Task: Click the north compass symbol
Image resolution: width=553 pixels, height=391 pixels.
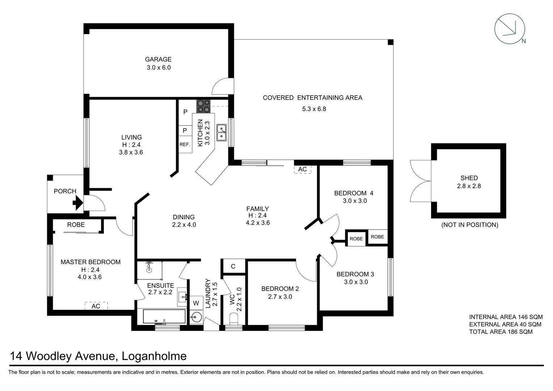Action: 510,29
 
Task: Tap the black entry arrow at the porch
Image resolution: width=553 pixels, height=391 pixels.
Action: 77,203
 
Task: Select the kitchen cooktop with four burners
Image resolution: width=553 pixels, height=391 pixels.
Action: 203,106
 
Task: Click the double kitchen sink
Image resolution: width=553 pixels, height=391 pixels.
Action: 221,133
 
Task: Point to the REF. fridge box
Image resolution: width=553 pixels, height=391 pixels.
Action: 185,144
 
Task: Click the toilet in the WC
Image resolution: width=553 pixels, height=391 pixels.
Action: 234,319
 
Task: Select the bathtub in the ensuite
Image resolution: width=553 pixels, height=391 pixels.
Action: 164,317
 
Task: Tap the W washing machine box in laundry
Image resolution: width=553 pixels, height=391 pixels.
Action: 196,303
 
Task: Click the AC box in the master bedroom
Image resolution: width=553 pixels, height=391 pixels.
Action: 96,306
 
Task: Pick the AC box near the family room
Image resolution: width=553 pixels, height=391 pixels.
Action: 302,169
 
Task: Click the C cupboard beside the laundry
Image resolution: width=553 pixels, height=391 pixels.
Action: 233,266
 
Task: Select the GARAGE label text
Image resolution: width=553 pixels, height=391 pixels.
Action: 158,59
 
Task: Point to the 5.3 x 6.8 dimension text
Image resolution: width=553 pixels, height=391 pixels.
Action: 314,109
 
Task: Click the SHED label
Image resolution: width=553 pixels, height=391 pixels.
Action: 469,178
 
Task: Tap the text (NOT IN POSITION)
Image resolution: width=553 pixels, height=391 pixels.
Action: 469,225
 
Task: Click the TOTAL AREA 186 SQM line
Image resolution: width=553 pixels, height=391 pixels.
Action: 501,332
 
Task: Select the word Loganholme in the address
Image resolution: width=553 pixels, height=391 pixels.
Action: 154,356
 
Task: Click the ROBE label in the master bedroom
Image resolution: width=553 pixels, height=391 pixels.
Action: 76,225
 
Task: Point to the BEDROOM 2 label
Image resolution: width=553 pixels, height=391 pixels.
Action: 280,289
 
